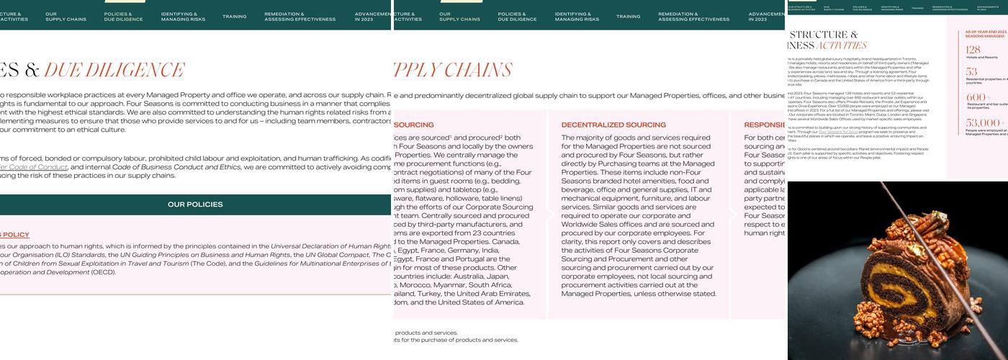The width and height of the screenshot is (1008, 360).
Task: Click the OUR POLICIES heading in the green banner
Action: [195, 204]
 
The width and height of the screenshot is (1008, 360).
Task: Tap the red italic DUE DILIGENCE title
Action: [114, 71]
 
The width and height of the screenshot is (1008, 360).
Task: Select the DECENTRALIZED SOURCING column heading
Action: [613, 125]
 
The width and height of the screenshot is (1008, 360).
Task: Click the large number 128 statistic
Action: [973, 50]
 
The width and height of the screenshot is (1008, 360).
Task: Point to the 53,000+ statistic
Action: [984, 123]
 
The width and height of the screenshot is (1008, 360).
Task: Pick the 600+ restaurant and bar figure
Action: [978, 97]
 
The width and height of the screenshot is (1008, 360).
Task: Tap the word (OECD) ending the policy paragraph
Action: [103, 272]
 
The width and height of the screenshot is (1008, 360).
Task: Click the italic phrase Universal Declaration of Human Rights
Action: [331, 246]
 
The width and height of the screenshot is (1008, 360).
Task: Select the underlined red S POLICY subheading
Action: [14, 235]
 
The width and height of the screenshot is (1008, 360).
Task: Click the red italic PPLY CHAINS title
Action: [453, 71]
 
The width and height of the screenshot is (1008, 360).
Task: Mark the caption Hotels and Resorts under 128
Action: [982, 58]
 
